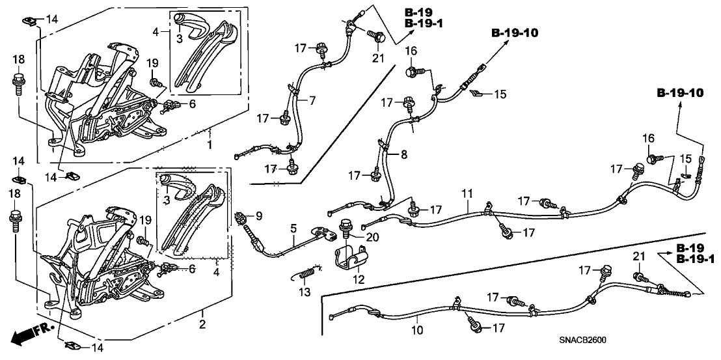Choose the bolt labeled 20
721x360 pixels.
point(345,229)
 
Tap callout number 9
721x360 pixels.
point(258,215)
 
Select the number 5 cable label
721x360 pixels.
point(293,228)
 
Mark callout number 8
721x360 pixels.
point(403,155)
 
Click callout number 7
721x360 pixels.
point(312,100)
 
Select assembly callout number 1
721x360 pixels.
point(210,143)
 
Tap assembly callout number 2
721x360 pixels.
point(202,324)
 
